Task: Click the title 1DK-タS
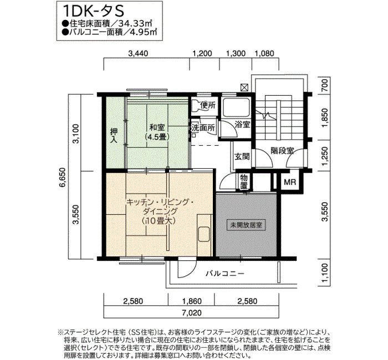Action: (93, 11)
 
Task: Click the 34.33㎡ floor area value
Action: (135, 24)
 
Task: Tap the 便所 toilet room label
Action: (208, 106)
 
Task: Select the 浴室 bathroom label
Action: (242, 125)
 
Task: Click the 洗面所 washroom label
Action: (203, 128)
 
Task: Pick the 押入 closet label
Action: (114, 136)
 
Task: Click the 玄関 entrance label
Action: (242, 157)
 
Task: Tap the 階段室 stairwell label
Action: (282, 151)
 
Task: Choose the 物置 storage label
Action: (244, 182)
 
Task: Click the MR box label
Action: (290, 182)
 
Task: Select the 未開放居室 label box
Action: (246, 225)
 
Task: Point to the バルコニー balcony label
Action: (225, 274)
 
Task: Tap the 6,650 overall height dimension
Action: (63, 178)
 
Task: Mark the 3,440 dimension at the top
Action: (139, 53)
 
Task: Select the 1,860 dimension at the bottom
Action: (192, 301)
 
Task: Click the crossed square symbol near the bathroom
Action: (244, 88)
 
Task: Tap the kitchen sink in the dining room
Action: (204, 234)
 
